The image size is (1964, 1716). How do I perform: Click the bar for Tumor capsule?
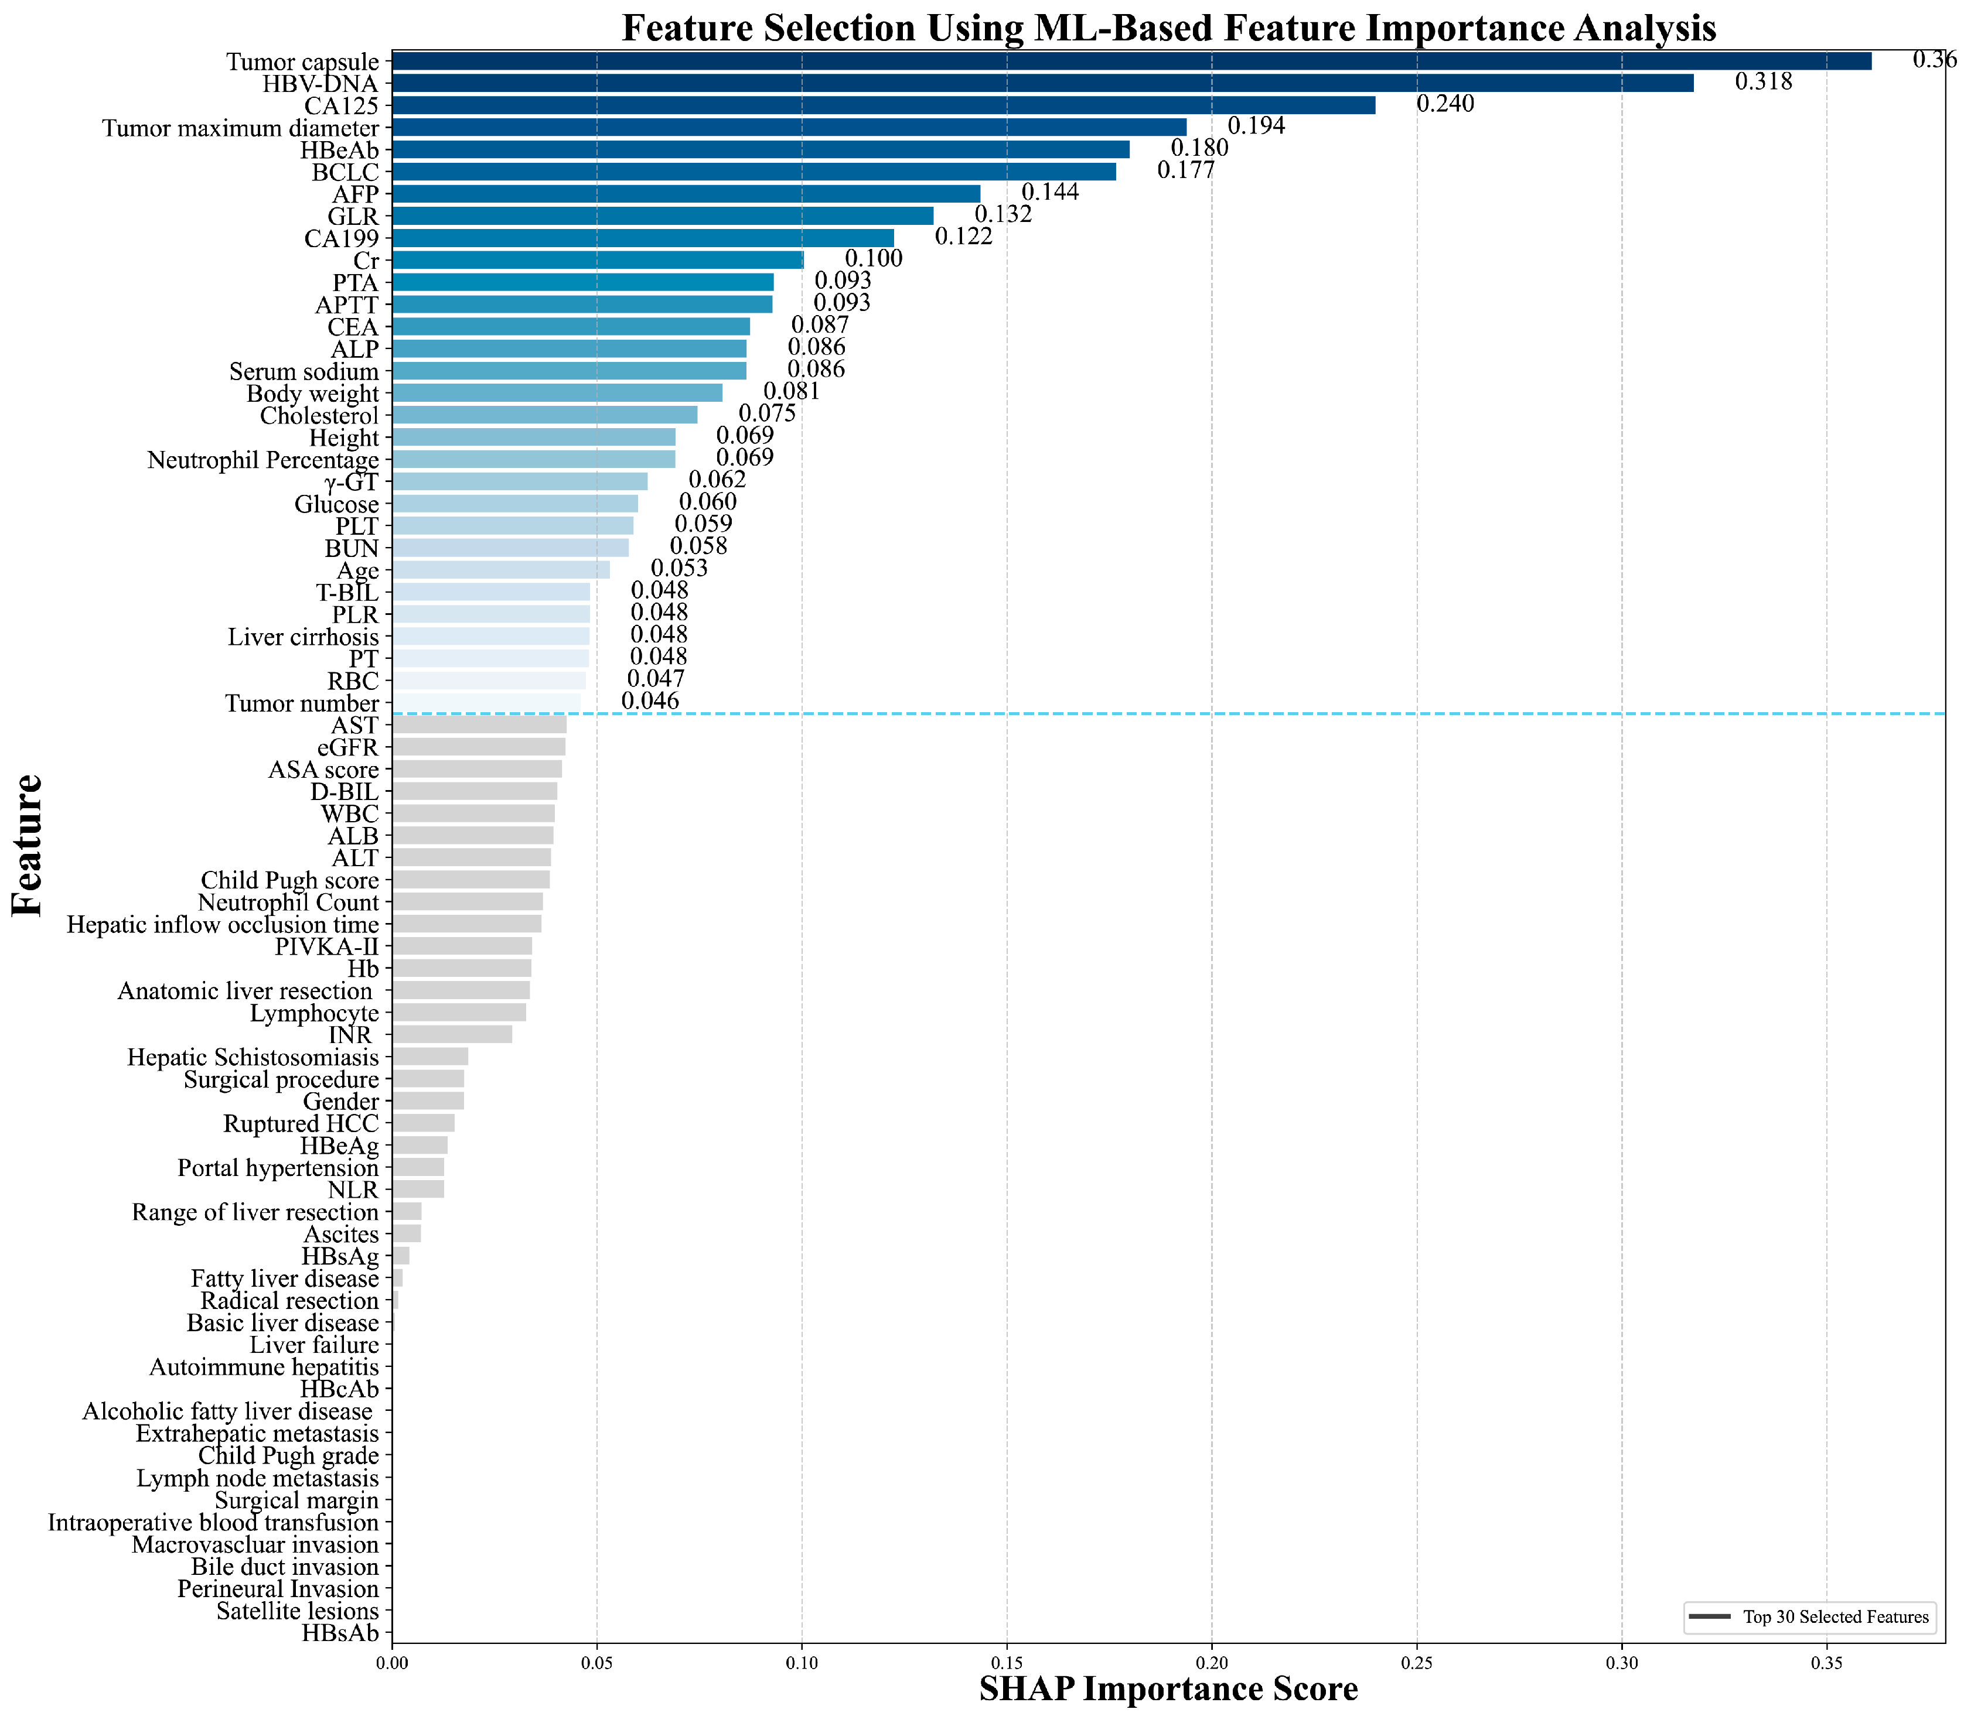pos(1130,61)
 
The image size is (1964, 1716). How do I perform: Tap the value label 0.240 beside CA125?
pos(1445,104)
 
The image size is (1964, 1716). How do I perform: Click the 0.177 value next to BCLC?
pos(1185,170)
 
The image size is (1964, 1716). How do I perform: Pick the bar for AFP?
pos(686,193)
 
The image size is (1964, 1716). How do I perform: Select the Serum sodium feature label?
pos(304,371)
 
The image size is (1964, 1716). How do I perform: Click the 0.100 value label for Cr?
pos(873,258)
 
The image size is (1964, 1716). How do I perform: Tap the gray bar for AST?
pos(479,725)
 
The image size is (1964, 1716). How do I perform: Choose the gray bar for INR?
pos(452,1034)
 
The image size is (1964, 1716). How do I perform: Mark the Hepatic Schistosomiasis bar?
pos(430,1056)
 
